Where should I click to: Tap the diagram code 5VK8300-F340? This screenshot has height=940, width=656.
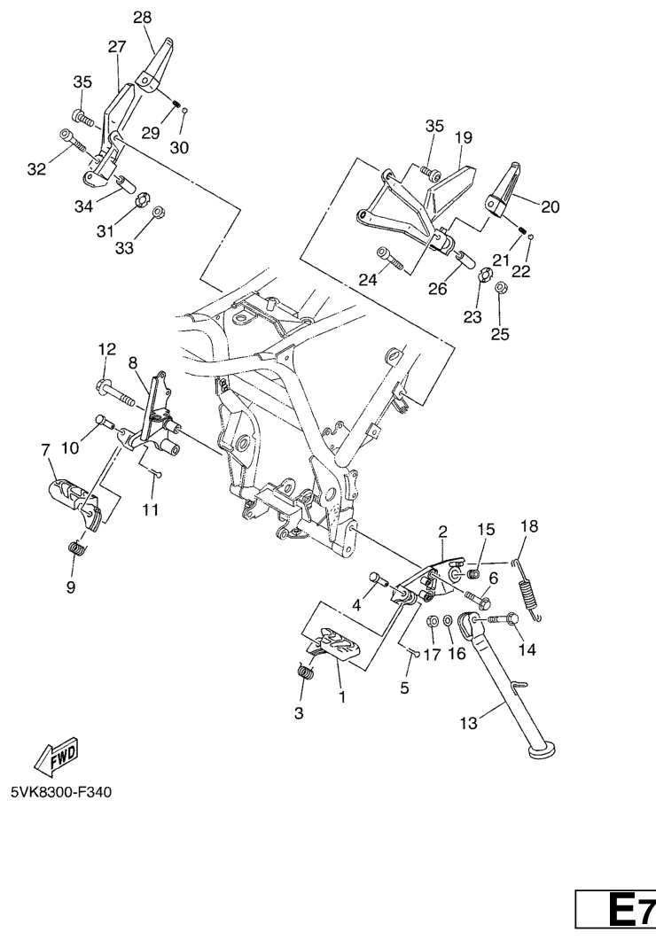[60, 793]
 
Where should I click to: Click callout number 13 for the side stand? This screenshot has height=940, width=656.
[468, 723]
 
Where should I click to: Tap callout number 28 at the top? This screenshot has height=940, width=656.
[143, 18]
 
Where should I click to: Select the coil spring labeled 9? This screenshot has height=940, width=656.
[75, 548]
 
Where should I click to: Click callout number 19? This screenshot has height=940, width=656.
[464, 137]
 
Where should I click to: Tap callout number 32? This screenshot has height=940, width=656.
[36, 169]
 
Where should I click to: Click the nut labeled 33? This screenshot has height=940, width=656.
[159, 213]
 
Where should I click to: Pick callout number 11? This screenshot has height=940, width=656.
[151, 509]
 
